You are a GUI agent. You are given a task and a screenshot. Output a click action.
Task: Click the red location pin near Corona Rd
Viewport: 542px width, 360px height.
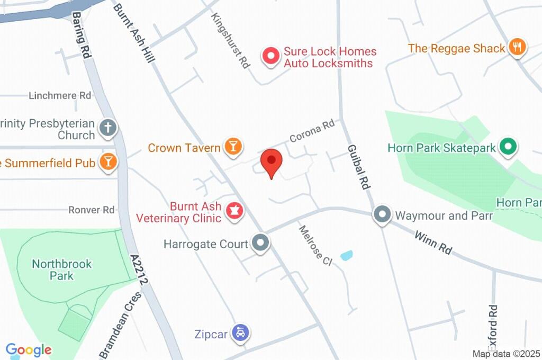tap(272, 161)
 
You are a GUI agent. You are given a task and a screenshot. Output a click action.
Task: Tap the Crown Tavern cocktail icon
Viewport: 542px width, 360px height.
tap(232, 147)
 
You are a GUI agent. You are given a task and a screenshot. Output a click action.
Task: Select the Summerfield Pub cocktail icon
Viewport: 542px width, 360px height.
tap(108, 162)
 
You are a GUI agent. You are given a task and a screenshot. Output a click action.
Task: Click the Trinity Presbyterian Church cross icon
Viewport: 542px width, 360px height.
tap(108, 128)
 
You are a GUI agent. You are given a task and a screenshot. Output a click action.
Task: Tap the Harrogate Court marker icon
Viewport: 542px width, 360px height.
tap(260, 244)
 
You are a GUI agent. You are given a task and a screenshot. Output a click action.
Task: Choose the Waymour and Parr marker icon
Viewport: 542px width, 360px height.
tap(382, 215)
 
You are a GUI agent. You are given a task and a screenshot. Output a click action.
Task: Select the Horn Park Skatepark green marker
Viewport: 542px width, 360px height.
tap(508, 147)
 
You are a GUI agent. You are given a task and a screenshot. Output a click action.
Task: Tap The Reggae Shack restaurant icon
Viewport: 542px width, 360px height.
tap(517, 47)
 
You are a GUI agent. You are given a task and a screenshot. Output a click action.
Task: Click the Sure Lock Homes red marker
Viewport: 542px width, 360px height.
tap(272, 56)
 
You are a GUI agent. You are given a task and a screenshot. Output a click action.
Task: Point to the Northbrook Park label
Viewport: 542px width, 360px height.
tap(62, 269)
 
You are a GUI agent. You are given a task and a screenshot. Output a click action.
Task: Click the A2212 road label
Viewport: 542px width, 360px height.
tap(140, 270)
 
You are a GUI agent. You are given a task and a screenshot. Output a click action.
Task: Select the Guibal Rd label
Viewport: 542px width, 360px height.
tap(358, 167)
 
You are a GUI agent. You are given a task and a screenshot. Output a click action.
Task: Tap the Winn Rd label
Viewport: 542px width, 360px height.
tap(433, 242)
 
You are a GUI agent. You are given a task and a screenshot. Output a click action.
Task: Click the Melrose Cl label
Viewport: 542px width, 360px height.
tap(314, 245)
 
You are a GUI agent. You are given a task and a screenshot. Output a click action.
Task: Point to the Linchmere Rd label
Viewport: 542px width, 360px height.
tap(60, 96)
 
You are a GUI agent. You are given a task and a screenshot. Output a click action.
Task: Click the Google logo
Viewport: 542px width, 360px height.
tap(29, 350)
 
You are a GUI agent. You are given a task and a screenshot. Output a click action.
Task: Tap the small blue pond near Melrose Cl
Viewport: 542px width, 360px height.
tap(347, 256)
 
